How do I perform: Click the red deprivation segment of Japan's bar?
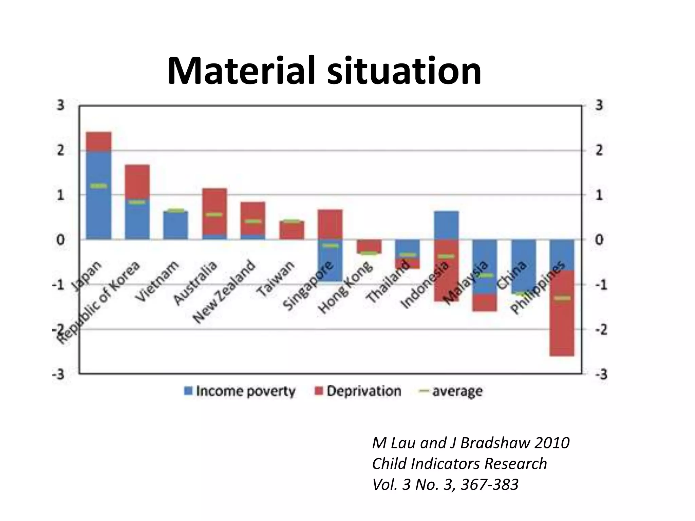[99, 141]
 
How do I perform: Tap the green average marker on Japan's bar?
[99, 186]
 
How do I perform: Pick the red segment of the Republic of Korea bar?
[137, 181]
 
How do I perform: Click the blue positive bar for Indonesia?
[446, 225]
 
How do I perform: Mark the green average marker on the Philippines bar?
[562, 298]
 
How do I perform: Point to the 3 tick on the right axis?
[599, 105]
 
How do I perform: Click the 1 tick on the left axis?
[60, 195]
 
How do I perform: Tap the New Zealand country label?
[224, 292]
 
